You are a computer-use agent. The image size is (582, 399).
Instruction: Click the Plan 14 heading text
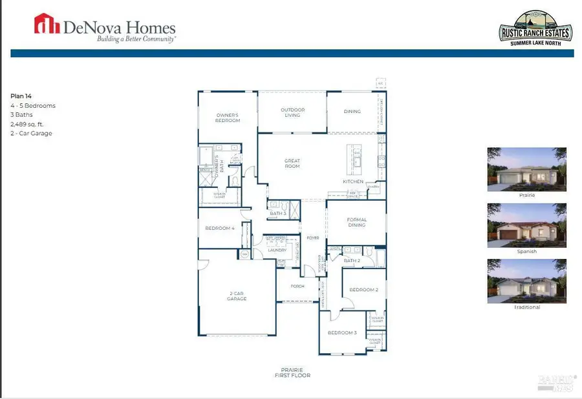coord(22,96)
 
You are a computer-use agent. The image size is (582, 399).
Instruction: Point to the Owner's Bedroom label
coord(228,118)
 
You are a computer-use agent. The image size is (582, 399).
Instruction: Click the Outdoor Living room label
coord(292,113)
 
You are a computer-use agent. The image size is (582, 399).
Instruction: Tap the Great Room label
coord(292,163)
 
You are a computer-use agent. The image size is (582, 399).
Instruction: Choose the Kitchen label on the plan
coord(354,181)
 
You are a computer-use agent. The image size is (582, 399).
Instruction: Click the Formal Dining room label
coord(356,222)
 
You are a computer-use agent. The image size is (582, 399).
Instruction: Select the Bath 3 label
coord(278,213)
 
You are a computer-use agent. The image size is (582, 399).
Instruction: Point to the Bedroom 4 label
coord(219,227)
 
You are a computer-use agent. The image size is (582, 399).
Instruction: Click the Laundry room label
coord(277,250)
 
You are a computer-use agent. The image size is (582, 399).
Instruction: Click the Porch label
coord(297,286)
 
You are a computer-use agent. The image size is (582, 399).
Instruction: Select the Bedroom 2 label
coord(363,290)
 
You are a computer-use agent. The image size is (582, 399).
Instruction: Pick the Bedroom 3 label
coord(342,332)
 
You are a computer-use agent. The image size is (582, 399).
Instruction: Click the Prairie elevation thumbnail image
coord(526,169)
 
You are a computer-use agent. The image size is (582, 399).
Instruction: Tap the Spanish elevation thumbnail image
coord(526,225)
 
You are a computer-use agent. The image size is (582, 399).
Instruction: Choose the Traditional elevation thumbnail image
coord(526,281)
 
